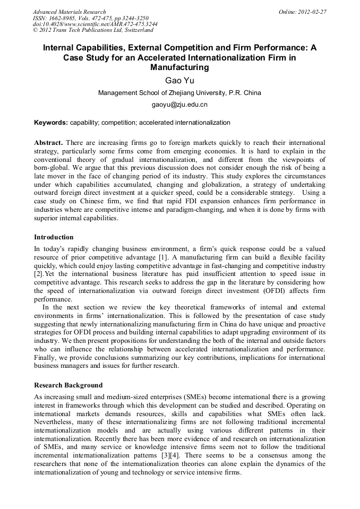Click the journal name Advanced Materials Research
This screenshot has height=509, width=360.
69,12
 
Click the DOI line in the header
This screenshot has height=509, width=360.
95,24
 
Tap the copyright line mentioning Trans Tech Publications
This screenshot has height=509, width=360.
93,31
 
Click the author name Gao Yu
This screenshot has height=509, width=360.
179,80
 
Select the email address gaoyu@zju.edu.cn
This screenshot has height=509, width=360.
179,105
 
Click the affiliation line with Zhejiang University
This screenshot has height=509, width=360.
179,93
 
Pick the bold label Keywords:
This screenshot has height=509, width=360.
51,123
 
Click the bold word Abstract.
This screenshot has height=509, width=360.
48,143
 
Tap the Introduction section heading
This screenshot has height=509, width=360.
54,237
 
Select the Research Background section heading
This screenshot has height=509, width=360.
68,385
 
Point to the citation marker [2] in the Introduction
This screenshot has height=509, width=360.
38,274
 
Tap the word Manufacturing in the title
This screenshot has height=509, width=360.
179,67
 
